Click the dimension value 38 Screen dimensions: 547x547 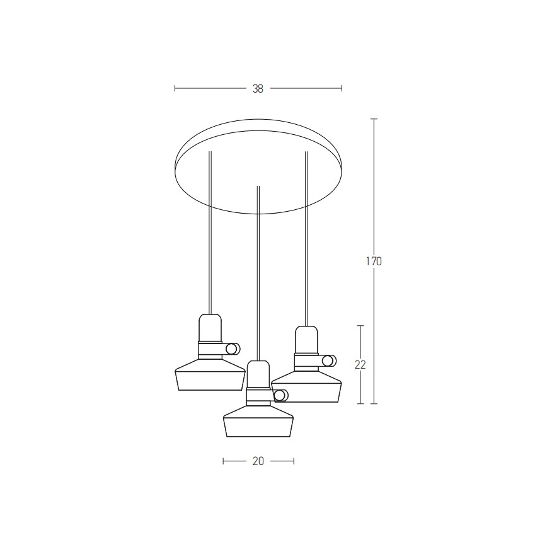pyautogui.click(x=258, y=89)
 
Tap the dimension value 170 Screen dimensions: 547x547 pyautogui.click(x=374, y=262)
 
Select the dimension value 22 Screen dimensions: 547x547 pyautogui.click(x=360, y=364)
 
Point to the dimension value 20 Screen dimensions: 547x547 pyautogui.click(x=258, y=461)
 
